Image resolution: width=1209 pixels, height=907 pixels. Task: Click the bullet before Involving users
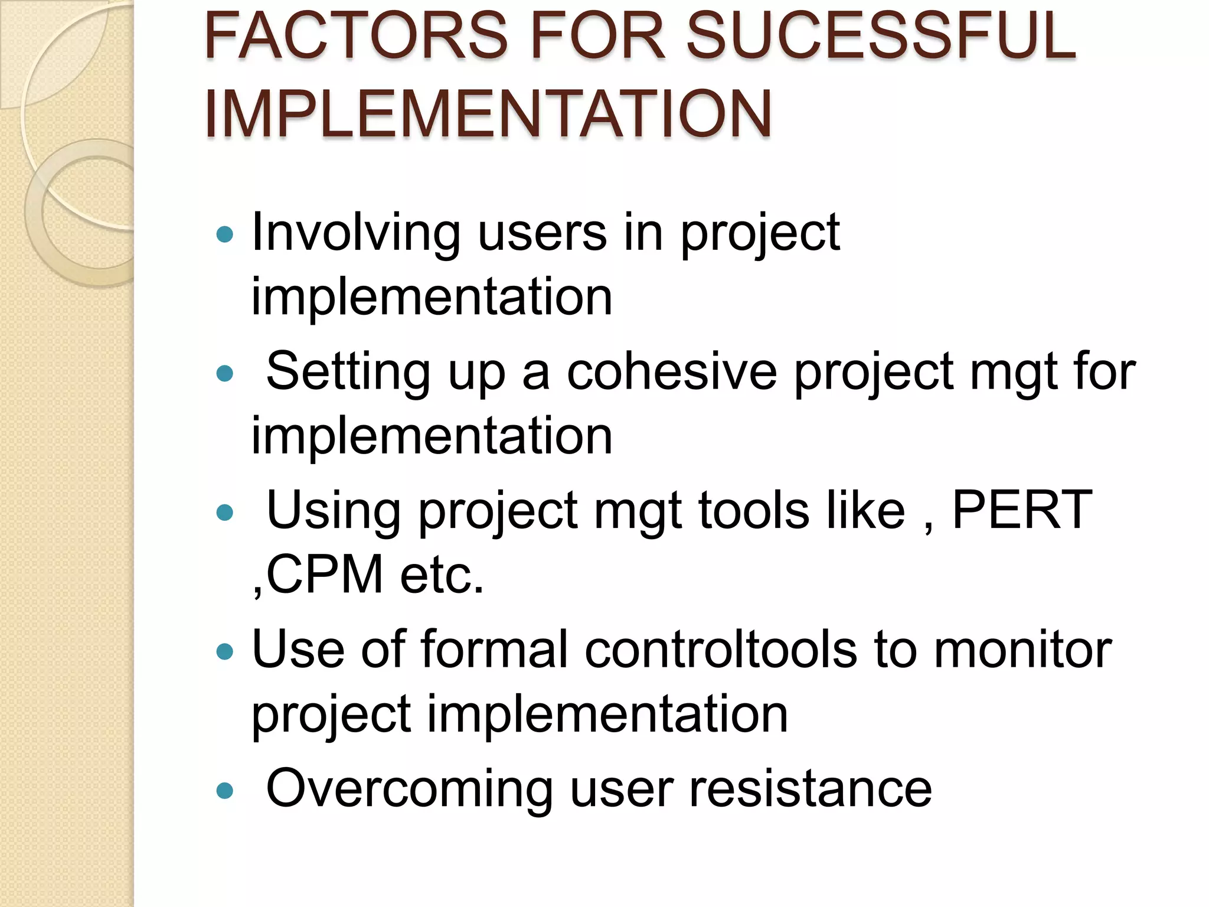(x=225, y=235)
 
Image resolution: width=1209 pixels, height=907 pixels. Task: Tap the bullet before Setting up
(x=225, y=374)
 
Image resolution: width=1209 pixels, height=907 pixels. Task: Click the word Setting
(x=348, y=372)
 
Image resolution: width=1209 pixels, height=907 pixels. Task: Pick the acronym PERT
(x=1022, y=510)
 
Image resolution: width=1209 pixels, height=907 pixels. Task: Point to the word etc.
(x=442, y=575)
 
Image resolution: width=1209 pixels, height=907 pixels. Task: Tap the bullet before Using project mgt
(x=225, y=512)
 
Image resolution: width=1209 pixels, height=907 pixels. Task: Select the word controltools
(x=721, y=650)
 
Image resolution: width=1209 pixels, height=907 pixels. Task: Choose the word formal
(x=495, y=650)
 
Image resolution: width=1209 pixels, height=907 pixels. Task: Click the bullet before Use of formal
(x=225, y=651)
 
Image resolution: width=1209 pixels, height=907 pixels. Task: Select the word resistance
(x=811, y=789)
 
